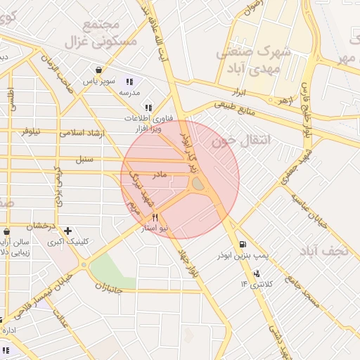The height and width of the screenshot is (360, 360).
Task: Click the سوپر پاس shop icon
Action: (98, 70)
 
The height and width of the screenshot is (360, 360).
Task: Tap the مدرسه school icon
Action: (130, 82)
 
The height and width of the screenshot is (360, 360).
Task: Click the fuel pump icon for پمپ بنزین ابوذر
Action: (243, 243)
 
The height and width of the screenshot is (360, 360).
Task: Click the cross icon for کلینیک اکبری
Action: (67, 231)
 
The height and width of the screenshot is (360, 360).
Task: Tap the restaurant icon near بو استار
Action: (155, 217)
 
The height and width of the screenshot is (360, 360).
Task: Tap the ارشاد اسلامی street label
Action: (82, 133)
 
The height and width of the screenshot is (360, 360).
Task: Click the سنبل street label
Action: (84, 159)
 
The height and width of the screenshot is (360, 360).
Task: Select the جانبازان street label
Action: (108, 288)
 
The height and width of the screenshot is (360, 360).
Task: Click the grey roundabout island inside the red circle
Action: (198, 184)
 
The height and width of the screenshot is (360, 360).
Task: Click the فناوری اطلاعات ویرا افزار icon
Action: (148, 108)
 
